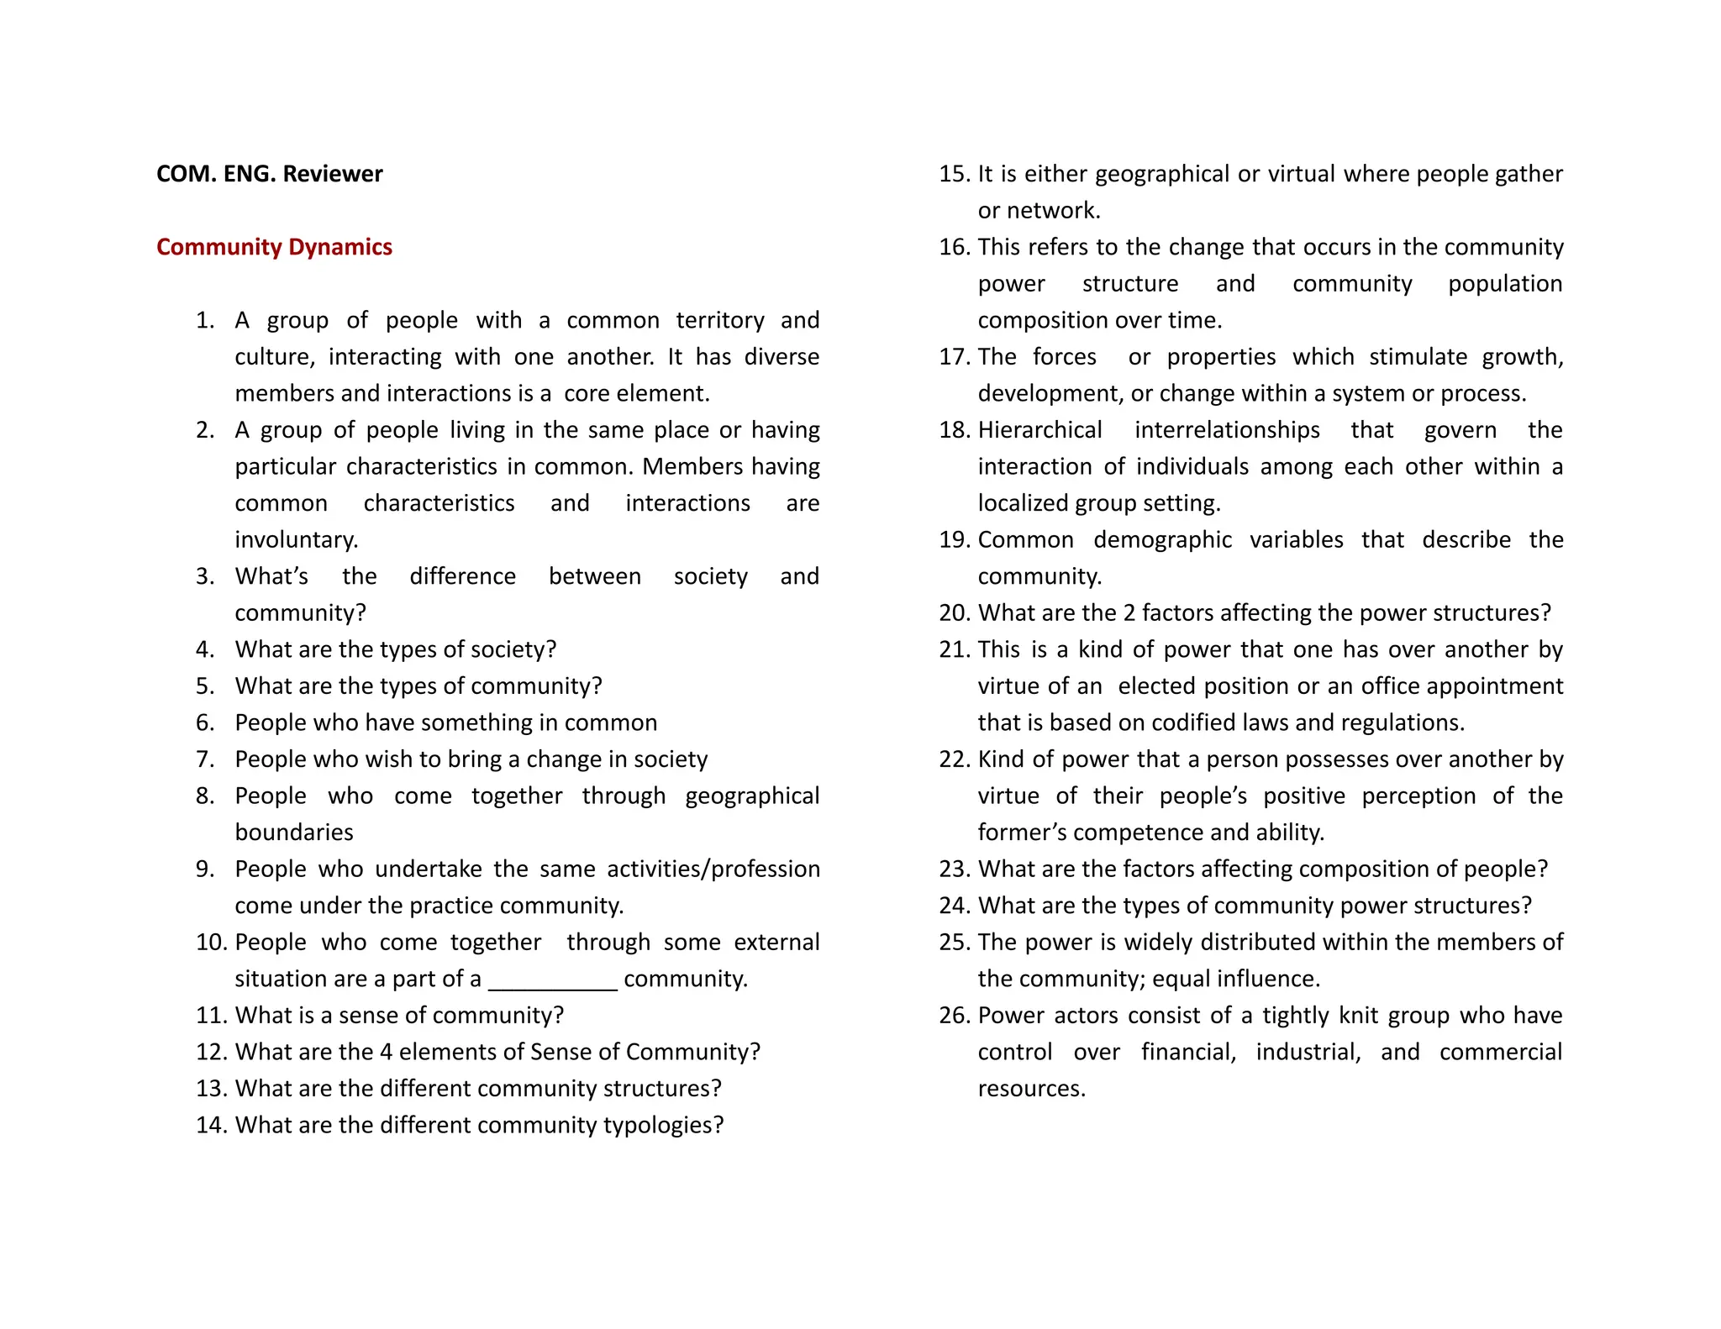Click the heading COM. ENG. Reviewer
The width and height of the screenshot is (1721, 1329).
[269, 174]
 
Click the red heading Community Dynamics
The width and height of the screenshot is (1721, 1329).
[274, 247]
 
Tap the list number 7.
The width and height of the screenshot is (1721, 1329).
[205, 759]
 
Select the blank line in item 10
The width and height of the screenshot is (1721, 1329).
[552, 980]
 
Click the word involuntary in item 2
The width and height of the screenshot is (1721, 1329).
[296, 540]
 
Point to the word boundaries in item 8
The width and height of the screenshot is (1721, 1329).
[294, 833]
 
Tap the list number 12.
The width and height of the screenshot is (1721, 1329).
[211, 1053]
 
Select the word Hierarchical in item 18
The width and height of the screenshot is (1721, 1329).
[1039, 430]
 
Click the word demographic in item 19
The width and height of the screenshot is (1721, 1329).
[1162, 540]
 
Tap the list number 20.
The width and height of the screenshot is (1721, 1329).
[955, 613]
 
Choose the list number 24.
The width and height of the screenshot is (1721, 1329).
[955, 906]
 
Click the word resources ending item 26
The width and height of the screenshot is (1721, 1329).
[1031, 1089]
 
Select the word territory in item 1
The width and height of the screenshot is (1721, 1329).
[720, 321]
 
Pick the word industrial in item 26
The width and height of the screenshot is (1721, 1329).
[1308, 1053]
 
